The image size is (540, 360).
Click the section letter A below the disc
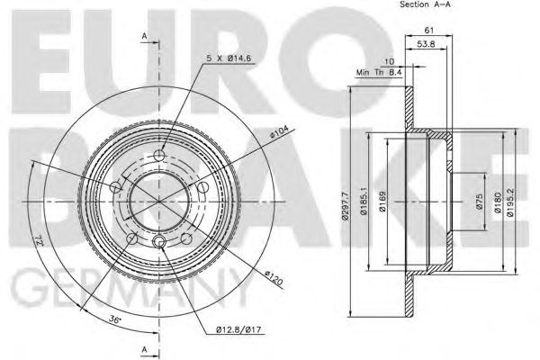[144, 347]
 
